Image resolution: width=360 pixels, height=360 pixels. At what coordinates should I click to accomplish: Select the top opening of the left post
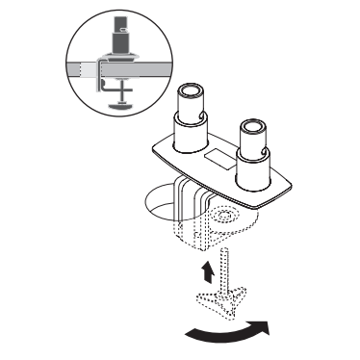[189, 96]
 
